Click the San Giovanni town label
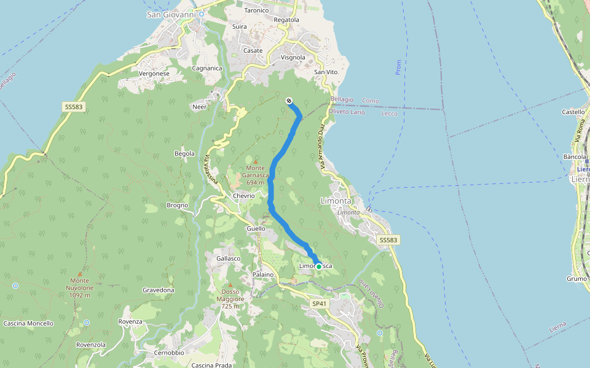click(x=170, y=13)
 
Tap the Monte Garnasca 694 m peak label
click(x=256, y=175)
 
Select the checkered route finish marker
click(x=289, y=101)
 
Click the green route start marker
click(x=319, y=266)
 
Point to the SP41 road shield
click(x=318, y=304)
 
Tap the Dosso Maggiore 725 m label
click(x=230, y=299)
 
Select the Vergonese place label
click(x=154, y=74)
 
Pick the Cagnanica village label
click(x=206, y=68)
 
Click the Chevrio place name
click(x=243, y=196)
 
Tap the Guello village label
click(x=256, y=229)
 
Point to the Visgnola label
click(x=293, y=58)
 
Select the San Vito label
click(x=326, y=72)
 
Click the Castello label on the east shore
click(x=573, y=112)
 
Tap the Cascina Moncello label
click(x=28, y=323)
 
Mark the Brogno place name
click(x=177, y=205)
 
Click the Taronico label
click(x=256, y=10)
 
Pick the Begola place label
click(x=184, y=153)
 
